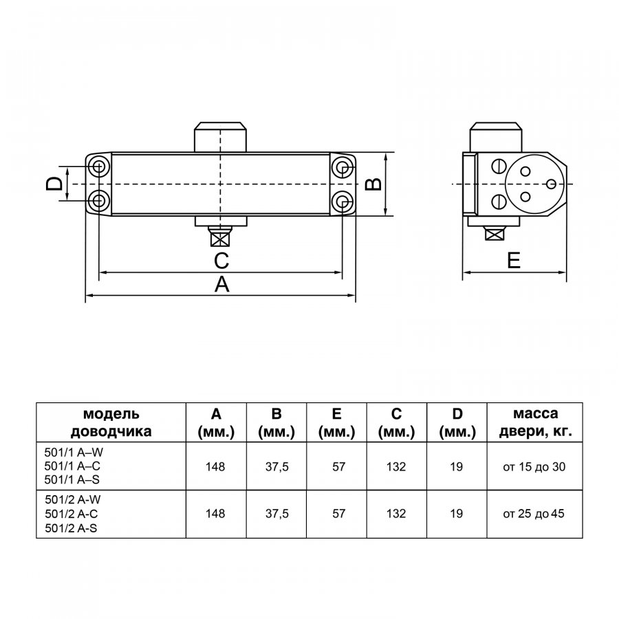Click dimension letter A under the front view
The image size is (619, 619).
pyautogui.click(x=221, y=284)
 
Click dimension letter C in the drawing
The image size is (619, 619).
pyautogui.click(x=221, y=261)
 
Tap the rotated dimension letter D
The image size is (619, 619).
pyautogui.click(x=54, y=184)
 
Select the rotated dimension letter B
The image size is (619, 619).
pyautogui.click(x=373, y=184)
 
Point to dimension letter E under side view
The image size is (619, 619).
pyautogui.click(x=514, y=261)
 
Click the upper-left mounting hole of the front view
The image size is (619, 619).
pyautogui.click(x=98, y=167)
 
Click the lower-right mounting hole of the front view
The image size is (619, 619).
pyautogui.click(x=342, y=201)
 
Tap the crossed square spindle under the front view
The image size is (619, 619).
pyautogui.click(x=220, y=239)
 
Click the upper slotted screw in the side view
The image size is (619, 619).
pyautogui.click(x=499, y=166)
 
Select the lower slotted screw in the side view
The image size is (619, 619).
pyautogui.click(x=499, y=202)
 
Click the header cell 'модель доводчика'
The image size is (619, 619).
pyautogui.click(x=111, y=422)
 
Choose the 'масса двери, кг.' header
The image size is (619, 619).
pyautogui.click(x=535, y=422)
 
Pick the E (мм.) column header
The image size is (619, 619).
pyautogui.click(x=337, y=423)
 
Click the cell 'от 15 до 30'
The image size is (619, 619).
pyautogui.click(x=534, y=467)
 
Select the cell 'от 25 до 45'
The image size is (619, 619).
pyautogui.click(x=534, y=514)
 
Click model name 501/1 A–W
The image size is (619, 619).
pyautogui.click(x=74, y=452)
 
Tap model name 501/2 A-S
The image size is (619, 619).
pyautogui.click(x=71, y=528)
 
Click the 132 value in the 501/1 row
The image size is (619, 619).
pyautogui.click(x=396, y=466)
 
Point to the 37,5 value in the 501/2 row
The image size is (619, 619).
pyautogui.click(x=276, y=514)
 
